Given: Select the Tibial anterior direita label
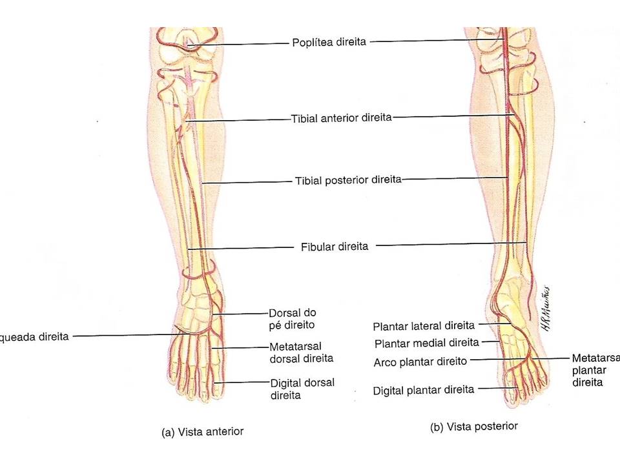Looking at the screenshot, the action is click(341, 119).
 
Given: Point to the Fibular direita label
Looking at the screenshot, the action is click(335, 246).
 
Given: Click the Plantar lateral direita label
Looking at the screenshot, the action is click(424, 325).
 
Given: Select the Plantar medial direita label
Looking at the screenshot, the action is click(427, 342).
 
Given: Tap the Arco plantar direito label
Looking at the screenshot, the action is click(420, 362).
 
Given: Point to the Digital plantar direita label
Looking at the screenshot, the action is click(424, 389).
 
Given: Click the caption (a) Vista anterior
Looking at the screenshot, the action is click(202, 432).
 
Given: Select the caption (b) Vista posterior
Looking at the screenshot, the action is click(473, 427).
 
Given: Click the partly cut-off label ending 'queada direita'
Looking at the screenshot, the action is click(35, 336).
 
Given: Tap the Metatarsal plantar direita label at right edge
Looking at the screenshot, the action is click(595, 370).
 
